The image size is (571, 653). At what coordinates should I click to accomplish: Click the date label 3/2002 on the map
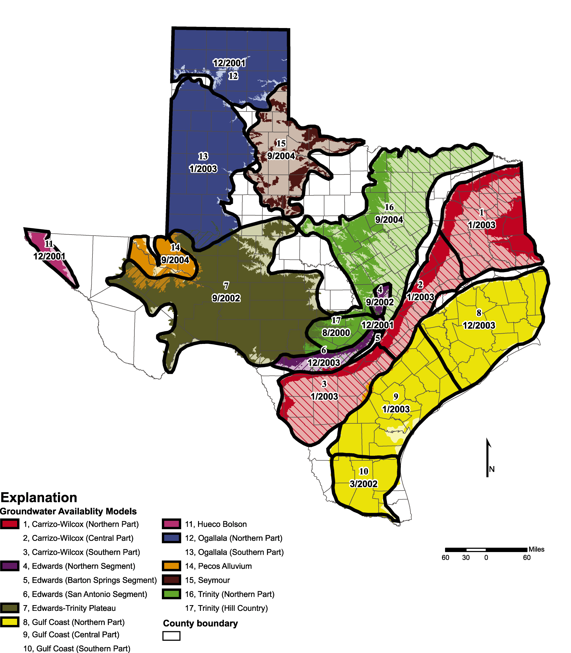coord(363,484)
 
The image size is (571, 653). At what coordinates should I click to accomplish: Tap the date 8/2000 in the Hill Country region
coord(336,333)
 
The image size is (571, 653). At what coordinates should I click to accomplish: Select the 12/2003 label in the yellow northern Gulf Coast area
coord(479,325)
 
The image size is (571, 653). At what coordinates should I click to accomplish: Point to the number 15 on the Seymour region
coord(281,143)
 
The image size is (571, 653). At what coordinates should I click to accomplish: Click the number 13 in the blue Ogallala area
coord(203,156)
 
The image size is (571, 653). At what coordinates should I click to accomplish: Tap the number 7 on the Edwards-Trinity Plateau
coord(226,285)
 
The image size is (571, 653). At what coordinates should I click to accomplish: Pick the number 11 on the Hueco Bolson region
coord(49,244)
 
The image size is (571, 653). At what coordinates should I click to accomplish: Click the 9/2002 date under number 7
coord(226,298)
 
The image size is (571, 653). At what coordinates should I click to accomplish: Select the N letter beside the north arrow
coord(492,469)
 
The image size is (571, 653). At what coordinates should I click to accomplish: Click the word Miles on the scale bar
coord(536,549)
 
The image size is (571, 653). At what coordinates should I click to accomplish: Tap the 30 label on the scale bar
coord(466,557)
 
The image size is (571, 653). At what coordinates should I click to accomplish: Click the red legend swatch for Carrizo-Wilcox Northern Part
coord(10,524)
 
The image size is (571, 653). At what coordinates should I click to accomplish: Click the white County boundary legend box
coord(171,636)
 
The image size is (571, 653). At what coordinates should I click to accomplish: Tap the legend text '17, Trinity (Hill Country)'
coord(226,608)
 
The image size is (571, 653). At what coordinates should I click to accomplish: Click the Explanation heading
coord(39,497)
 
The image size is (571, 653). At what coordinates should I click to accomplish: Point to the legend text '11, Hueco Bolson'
coord(216,524)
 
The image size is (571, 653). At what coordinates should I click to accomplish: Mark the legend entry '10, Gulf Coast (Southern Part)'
coord(76,649)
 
